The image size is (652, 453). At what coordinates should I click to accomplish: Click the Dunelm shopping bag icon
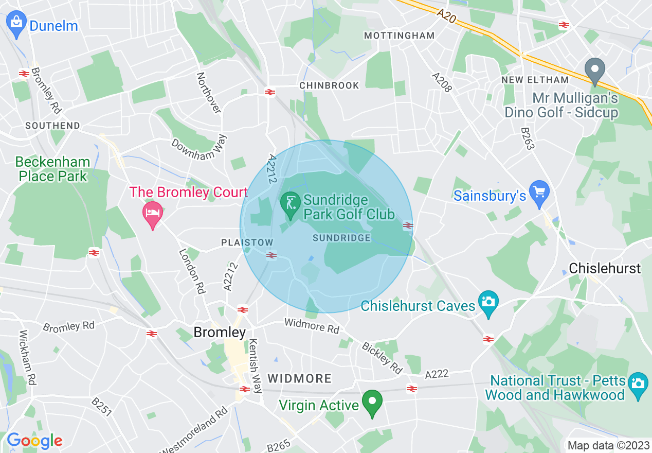(16, 24)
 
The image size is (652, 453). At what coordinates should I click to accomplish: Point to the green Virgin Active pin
(372, 403)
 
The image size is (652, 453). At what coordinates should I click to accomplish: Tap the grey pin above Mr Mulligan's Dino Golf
(595, 71)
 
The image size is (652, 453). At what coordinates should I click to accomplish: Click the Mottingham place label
(399, 36)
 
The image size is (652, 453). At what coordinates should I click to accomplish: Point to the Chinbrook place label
(329, 85)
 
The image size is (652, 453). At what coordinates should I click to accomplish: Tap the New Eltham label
(535, 80)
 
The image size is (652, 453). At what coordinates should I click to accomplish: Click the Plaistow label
(247, 242)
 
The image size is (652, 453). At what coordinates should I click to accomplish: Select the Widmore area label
(300, 379)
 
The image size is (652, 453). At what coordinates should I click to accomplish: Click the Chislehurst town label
(605, 268)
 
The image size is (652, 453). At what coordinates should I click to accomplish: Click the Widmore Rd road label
(312, 326)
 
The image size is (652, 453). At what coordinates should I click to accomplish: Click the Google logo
(34, 441)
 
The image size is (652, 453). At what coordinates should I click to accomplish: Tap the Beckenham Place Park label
(52, 169)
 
